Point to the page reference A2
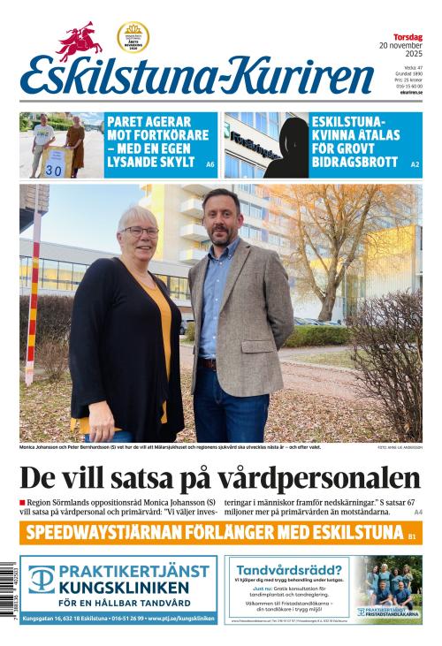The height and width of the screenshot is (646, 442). pyautogui.click(x=415, y=164)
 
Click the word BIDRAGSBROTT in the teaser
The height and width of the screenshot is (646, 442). pyautogui.click(x=353, y=162)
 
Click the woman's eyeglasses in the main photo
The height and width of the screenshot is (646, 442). pyautogui.click(x=140, y=232)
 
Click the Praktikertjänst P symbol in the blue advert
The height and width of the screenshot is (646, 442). pyautogui.click(x=42, y=580)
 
